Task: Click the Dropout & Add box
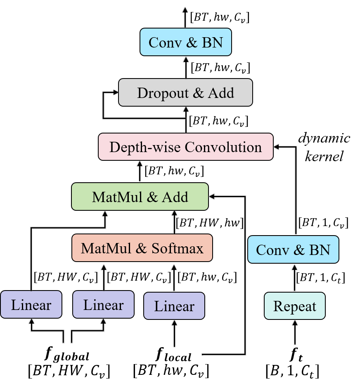coord(185,93)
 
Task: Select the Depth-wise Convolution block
coord(185,147)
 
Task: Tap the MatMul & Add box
coord(140,197)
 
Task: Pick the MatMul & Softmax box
coord(142,248)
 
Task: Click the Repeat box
coord(294,306)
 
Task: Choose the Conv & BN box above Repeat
coord(293,250)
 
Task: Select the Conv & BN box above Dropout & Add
coord(185,42)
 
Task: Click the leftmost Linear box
coord(31,305)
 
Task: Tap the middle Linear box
coord(103,305)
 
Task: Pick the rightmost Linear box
coord(174,306)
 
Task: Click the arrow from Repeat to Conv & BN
coord(294,278)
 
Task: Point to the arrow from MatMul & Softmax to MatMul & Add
coord(174,222)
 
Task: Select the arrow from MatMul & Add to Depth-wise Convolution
coord(140,172)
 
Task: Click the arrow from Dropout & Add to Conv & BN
coord(185,67)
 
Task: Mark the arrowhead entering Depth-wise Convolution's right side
coord(277,146)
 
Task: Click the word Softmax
coord(178,248)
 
